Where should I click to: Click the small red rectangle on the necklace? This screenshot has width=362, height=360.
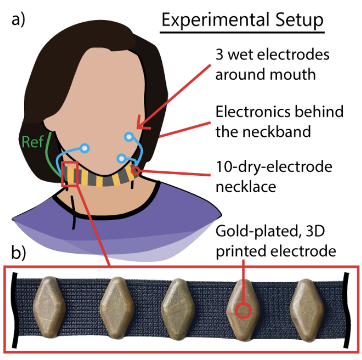click(x=70, y=174)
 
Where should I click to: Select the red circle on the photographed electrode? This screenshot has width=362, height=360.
click(x=244, y=311)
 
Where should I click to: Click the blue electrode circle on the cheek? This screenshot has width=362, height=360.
click(x=129, y=137)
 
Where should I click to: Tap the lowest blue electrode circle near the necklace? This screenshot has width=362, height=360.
click(x=121, y=158)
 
